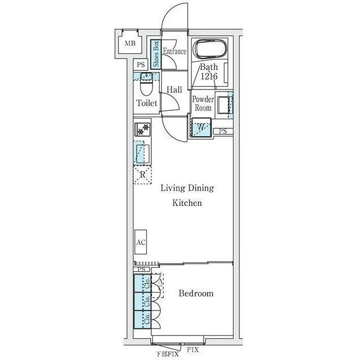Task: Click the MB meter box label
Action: tap(130, 43)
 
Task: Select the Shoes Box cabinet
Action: tap(156, 54)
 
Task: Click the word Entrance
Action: tap(175, 51)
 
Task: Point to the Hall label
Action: tap(174, 89)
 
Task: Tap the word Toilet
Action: tap(147, 103)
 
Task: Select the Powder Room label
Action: tap(203, 103)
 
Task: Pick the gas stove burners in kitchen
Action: tap(142, 129)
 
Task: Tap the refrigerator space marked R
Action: tap(142, 175)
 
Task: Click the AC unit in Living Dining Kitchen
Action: tap(141, 242)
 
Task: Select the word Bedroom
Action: tap(196, 293)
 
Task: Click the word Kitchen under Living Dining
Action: tap(187, 203)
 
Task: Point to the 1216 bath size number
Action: tap(209, 76)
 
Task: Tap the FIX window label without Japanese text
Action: tap(192, 350)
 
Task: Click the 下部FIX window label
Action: tap(167, 354)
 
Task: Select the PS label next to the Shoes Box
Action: tap(141, 65)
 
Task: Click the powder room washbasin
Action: tap(224, 105)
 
